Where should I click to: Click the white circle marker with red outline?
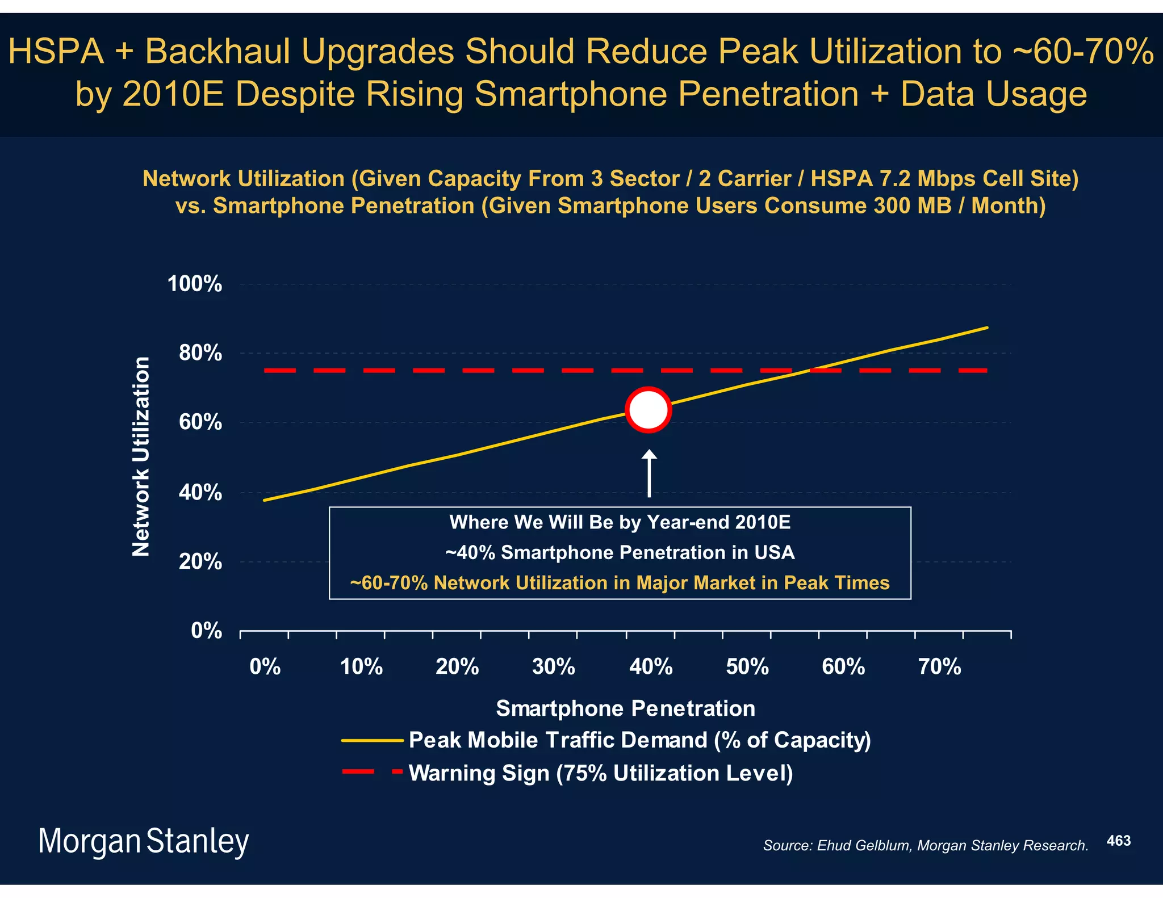[648, 409]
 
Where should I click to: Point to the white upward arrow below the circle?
[649, 473]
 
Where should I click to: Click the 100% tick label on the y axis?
[194, 284]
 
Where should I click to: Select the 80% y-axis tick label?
[200, 353]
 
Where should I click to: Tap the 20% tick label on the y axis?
[200, 562]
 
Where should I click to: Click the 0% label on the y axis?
[206, 631]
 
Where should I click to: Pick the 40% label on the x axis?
[650, 666]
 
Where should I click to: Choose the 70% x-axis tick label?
[939, 666]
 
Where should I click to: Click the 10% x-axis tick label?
[361, 666]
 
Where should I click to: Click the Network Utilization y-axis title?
[141, 456]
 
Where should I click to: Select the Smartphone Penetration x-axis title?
[625, 708]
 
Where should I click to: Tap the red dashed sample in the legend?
[372, 771]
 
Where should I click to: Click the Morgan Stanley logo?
[143, 841]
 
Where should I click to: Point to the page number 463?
[1118, 841]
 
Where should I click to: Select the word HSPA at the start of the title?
[56, 51]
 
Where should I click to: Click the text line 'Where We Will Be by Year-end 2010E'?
[620, 522]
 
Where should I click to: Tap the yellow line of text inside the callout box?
[620, 583]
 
